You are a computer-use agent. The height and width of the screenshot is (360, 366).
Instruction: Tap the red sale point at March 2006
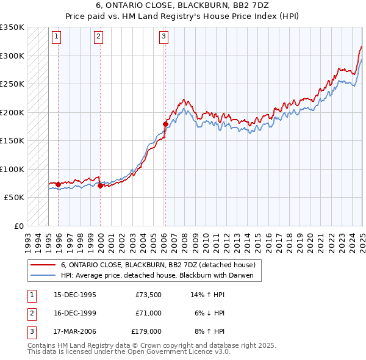coord(165,124)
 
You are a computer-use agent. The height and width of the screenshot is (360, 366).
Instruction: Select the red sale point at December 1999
coord(100,185)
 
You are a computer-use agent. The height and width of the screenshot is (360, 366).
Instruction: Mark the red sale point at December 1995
coord(59,184)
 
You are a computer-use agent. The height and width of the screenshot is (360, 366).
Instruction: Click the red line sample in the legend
coord(43,265)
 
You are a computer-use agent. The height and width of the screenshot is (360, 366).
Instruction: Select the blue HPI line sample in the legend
coord(43,275)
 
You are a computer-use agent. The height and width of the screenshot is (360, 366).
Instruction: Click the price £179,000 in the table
coord(146,331)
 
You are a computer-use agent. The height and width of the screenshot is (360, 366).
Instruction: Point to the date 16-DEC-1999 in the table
coord(74,313)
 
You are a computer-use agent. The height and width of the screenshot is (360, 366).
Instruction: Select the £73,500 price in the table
coord(148,295)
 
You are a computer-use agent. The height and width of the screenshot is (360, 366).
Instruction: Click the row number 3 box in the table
coord(31,331)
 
